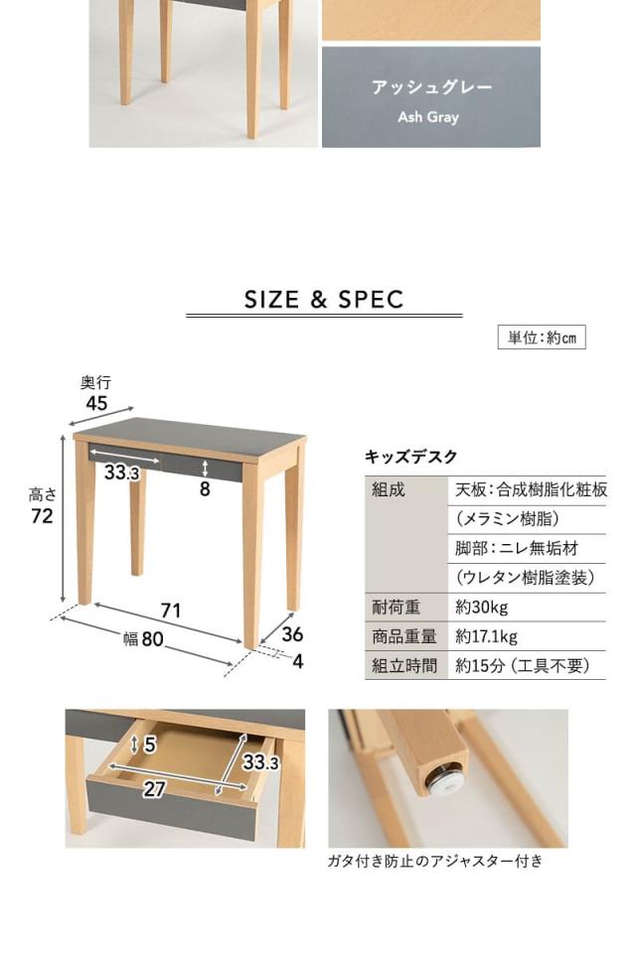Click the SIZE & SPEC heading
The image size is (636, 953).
pos(324,300)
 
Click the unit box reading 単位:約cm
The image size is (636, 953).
pos(542,338)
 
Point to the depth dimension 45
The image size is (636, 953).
pos(96,403)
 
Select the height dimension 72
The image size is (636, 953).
pos(41,516)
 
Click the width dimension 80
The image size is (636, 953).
pos(151,640)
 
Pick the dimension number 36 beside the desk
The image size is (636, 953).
pos(291,634)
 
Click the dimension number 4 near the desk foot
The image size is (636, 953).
pos(297,661)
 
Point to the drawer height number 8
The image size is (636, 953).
pos(205,488)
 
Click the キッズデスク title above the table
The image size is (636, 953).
pos(410,457)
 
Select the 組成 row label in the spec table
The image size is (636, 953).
pos(389,490)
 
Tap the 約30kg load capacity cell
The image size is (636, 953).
pos(482,608)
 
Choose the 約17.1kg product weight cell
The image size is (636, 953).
pos(487,636)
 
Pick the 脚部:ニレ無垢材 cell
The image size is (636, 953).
pos(517,548)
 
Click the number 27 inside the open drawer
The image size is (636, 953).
pos(154,789)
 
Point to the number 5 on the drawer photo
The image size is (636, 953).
pos(149,745)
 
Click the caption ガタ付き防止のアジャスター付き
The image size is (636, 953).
pos(435,861)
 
